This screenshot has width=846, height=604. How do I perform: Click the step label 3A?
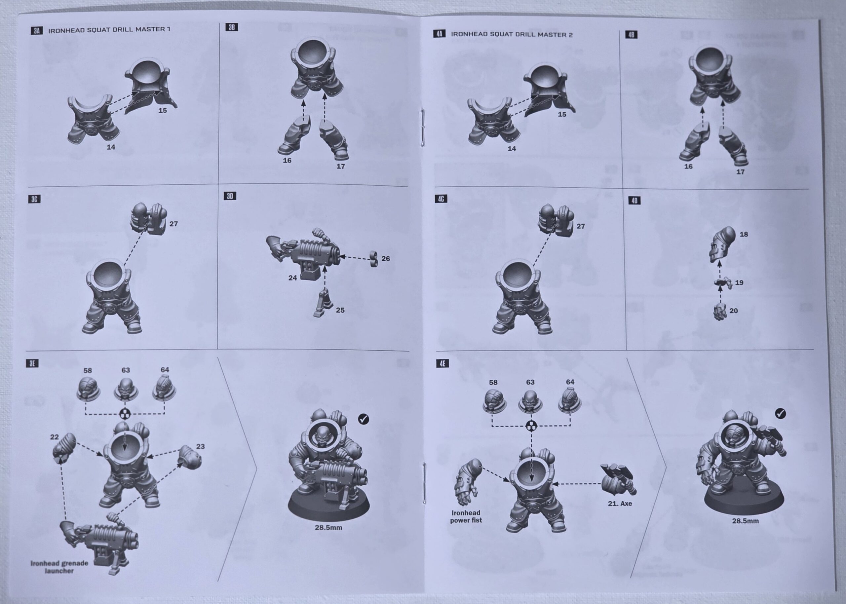click(36, 30)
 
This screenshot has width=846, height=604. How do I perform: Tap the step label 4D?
click(634, 201)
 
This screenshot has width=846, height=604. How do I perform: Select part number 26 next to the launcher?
click(386, 258)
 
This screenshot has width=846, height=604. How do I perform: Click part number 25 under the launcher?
click(340, 310)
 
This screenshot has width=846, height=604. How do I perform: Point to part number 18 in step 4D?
click(744, 234)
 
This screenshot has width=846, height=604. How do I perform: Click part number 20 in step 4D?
click(733, 310)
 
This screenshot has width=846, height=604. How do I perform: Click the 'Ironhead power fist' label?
click(466, 516)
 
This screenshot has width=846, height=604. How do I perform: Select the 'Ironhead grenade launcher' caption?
click(59, 566)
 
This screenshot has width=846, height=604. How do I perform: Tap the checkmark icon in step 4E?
click(781, 413)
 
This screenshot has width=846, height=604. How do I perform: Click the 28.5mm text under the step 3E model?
click(328, 527)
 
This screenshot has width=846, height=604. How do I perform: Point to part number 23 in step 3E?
click(201, 446)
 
